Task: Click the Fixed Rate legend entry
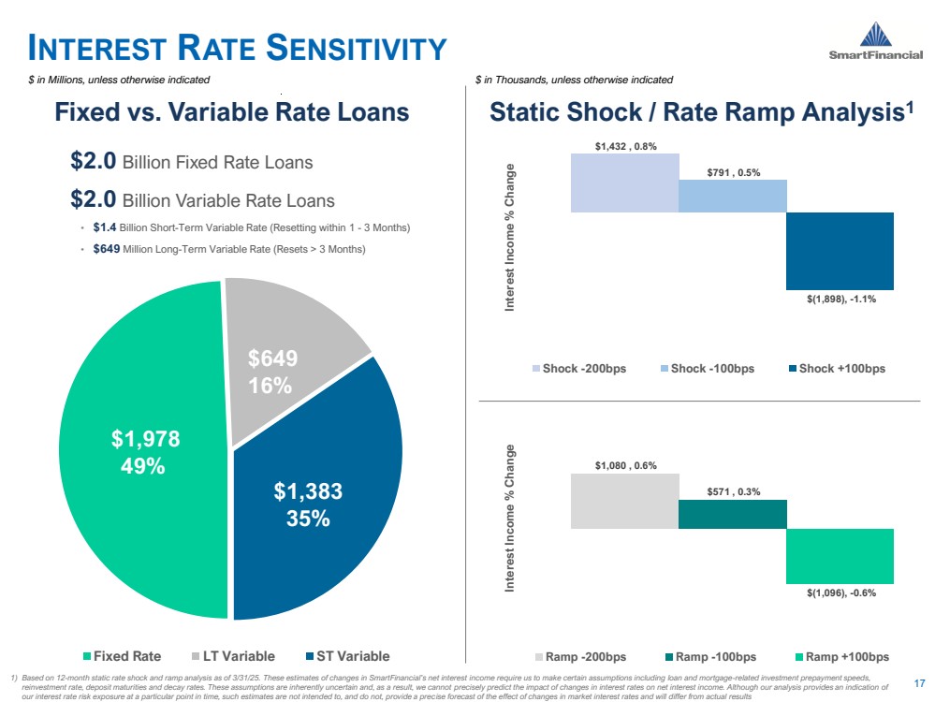tap(123, 656)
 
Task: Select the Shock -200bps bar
tap(624, 183)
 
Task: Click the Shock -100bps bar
tap(732, 196)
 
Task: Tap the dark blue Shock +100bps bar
tap(840, 251)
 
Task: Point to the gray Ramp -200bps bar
tap(624, 501)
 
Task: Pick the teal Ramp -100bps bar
tap(732, 514)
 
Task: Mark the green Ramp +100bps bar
tap(840, 556)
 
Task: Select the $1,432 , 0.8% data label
tap(625, 146)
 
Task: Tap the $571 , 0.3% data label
tap(733, 491)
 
